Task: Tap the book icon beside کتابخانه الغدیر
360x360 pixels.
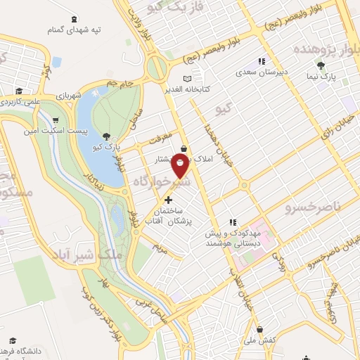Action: [x=186, y=78]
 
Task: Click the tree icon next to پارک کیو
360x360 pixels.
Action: [x=106, y=137]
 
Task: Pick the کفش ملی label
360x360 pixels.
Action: [x=261, y=340]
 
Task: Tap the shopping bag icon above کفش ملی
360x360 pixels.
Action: [x=260, y=329]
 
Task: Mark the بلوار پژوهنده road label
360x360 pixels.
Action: [x=320, y=49]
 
